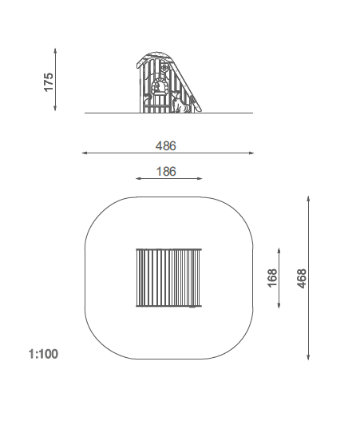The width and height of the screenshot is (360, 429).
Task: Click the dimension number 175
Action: point(49,82)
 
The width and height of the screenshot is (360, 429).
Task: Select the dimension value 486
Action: point(166,146)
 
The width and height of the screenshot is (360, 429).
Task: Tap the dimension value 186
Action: point(166,172)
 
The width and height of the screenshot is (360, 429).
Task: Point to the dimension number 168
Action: point(272,278)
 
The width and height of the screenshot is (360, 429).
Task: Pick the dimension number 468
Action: point(302,279)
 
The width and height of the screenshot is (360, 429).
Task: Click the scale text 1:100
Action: point(43,354)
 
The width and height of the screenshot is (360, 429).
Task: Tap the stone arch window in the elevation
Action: point(159,86)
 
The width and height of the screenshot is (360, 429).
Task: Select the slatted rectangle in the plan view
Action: point(168,278)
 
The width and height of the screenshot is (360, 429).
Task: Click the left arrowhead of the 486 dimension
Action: point(85,153)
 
